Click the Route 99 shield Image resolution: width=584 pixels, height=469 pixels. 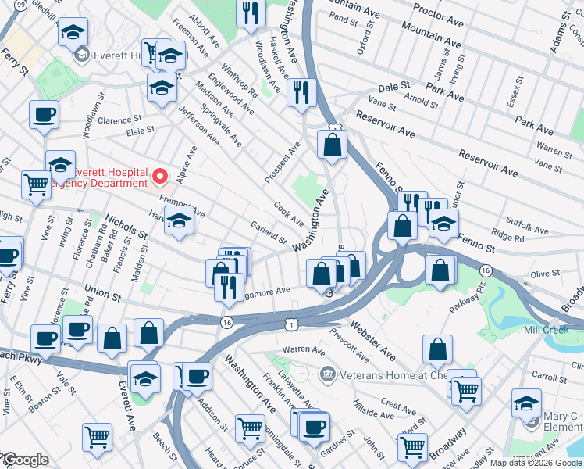20,5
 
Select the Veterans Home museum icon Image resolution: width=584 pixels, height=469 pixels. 326,374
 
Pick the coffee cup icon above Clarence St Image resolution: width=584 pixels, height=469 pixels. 44,115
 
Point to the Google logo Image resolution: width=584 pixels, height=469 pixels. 25,460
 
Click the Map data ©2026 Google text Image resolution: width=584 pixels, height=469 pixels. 536,463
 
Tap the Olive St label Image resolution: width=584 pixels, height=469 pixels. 540,275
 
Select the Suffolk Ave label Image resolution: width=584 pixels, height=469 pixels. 527,229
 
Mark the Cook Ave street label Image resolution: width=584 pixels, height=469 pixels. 288,213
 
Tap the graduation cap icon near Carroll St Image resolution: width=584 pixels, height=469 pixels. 526,403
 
